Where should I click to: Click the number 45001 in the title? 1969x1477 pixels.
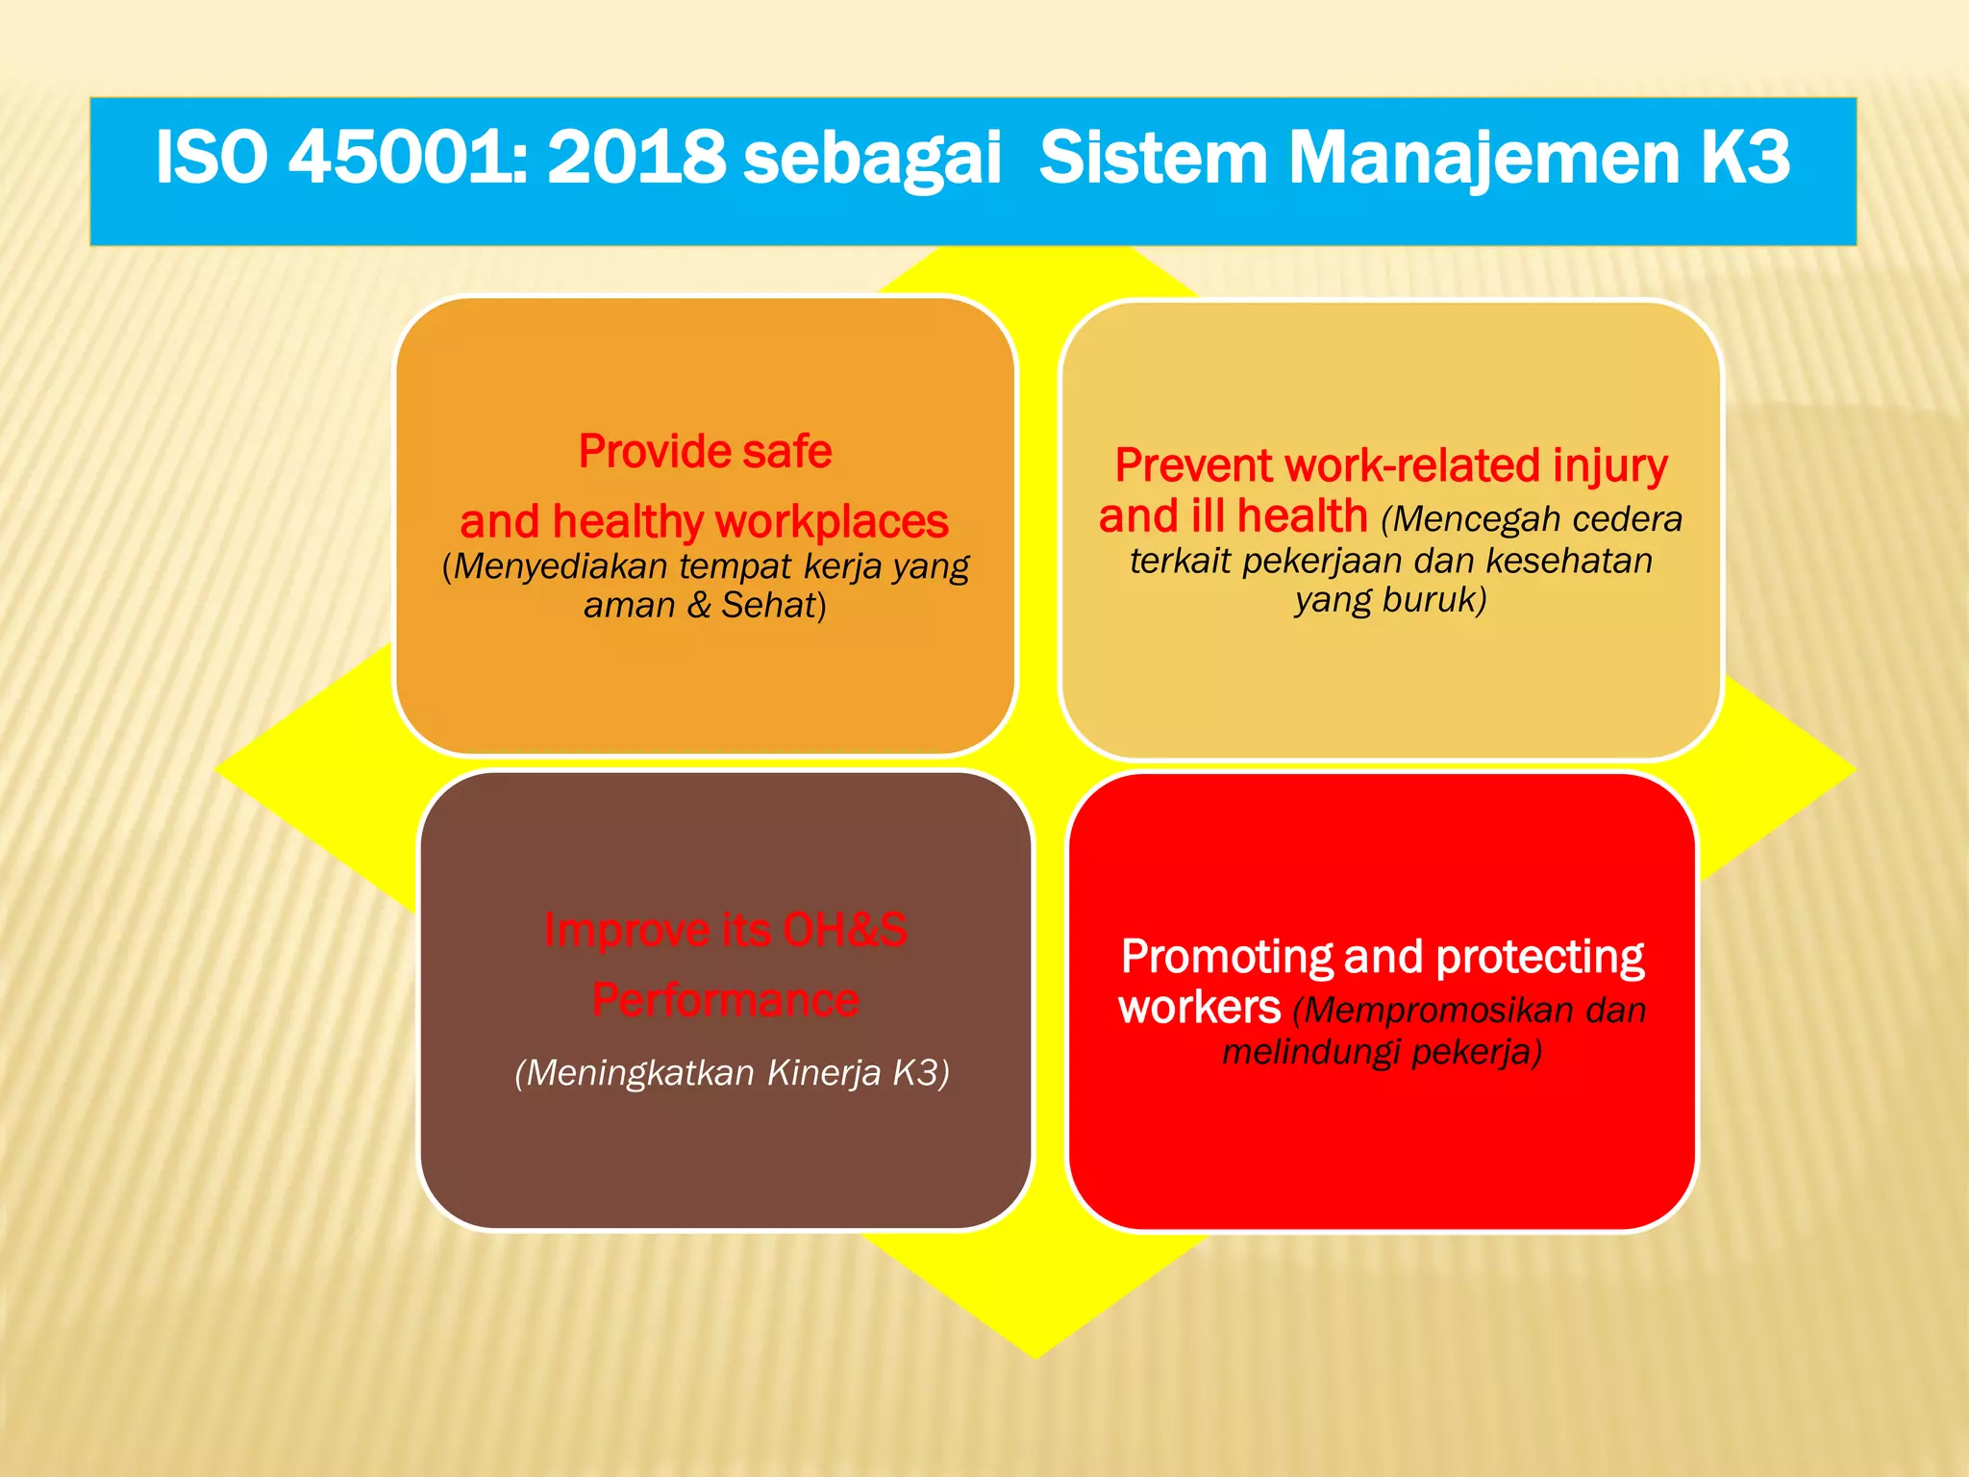pyautogui.click(x=401, y=157)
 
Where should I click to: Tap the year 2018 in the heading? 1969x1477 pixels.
pyautogui.click(x=636, y=157)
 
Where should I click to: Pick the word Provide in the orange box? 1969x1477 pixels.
pyautogui.click(x=655, y=451)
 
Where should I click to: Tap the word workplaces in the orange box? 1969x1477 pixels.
pyautogui.click(x=832, y=522)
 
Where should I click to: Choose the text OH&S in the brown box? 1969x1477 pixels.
pyautogui.click(x=844, y=930)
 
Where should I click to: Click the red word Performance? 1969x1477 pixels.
pyautogui.click(x=725, y=1000)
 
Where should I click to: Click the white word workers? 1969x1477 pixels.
pyautogui.click(x=1199, y=1008)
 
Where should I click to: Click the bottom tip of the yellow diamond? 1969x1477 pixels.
pyautogui.click(x=1035, y=1356)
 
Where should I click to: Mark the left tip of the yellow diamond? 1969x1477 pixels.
pyautogui.click(x=218, y=768)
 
